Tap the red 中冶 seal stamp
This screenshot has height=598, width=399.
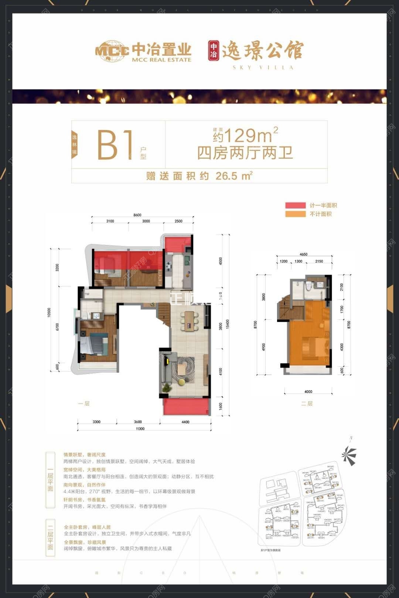pyautogui.click(x=214, y=51)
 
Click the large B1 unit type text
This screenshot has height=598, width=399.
pyautogui.click(x=115, y=145)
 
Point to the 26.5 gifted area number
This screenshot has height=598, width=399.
pyautogui.click(x=226, y=176)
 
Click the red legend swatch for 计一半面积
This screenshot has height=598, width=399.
pyautogui.click(x=295, y=206)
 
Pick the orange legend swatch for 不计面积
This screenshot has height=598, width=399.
pyautogui.click(x=295, y=214)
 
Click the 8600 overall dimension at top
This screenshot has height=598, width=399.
pyautogui.click(x=137, y=215)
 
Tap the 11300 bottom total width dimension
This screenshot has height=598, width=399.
pyautogui.click(x=140, y=429)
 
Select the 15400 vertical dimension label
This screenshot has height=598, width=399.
pyautogui.click(x=228, y=324)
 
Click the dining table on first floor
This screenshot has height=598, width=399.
pyautogui.click(x=189, y=322)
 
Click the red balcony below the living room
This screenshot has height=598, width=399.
pyautogui.click(x=187, y=406)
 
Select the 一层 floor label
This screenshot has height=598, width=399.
pyautogui.click(x=84, y=403)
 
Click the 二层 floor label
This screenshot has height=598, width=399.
pyautogui.click(x=307, y=403)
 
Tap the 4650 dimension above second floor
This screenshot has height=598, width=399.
pyautogui.click(x=303, y=254)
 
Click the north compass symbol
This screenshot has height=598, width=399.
pyautogui.click(x=349, y=454)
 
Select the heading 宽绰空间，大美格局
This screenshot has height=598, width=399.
pyautogui.click(x=84, y=470)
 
